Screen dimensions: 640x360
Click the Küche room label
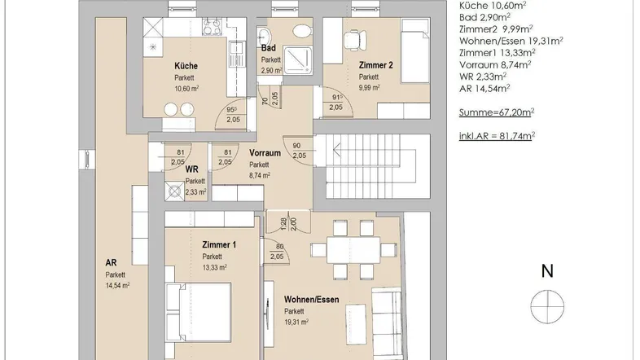(x=186, y=66)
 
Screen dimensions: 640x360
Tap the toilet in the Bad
(x=301, y=31)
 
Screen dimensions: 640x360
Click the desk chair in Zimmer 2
(x=355, y=40)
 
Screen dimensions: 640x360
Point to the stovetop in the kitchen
(x=213, y=27)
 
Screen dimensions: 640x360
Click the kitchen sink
(x=236, y=54)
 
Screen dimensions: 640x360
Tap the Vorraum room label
(x=265, y=153)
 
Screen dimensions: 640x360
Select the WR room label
(x=192, y=169)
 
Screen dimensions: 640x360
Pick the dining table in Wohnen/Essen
(x=353, y=250)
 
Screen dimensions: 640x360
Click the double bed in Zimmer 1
(x=199, y=312)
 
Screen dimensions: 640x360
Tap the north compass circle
(x=547, y=307)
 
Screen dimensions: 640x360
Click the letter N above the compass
(x=547, y=271)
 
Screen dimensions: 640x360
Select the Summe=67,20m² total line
(x=497, y=112)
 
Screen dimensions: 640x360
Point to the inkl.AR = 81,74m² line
(x=498, y=136)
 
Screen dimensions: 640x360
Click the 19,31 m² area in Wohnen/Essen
(x=296, y=322)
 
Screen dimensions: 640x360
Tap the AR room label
(x=111, y=263)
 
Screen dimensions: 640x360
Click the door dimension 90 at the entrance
(x=296, y=146)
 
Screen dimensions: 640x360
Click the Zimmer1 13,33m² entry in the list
(x=498, y=53)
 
